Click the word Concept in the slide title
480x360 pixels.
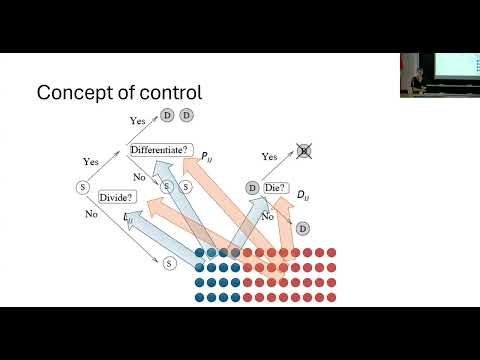pos(71,93)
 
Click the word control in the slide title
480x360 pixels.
pos(168,93)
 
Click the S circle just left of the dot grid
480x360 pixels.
pos(169,263)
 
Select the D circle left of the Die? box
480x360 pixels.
pos(251,187)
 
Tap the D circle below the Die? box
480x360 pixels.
pos(303,229)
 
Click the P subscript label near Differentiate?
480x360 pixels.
pos(204,157)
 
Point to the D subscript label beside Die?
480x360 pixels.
pos(303,192)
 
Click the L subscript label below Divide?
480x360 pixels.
pos(128,216)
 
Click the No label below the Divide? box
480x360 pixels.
pos(92,213)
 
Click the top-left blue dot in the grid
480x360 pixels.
pos(200,252)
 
